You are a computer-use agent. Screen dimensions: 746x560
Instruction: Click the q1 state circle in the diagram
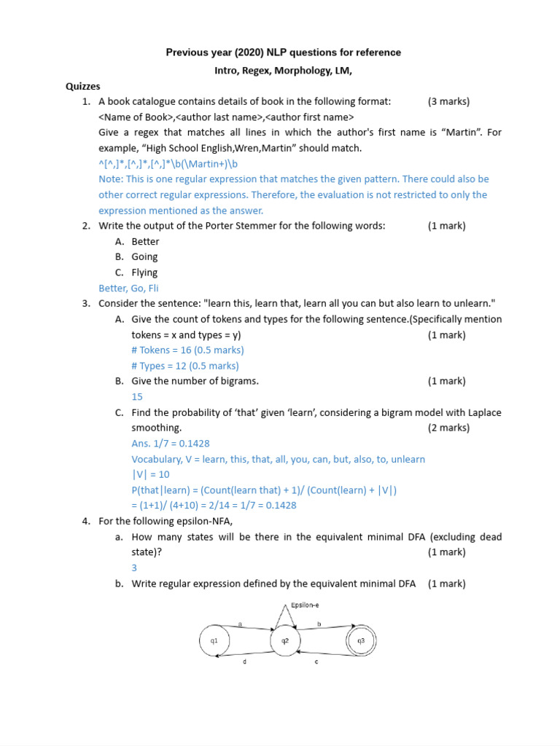point(214,641)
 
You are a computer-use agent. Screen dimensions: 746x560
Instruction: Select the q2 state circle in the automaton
point(285,641)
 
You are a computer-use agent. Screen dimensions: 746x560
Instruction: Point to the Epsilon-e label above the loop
point(305,605)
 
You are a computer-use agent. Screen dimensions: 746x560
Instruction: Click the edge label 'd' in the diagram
point(244,661)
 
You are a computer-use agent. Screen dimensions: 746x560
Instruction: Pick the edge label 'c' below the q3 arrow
point(316,661)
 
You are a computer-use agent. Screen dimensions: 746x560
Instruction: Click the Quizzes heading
point(83,86)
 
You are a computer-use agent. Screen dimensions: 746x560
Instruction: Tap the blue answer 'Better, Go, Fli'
point(128,288)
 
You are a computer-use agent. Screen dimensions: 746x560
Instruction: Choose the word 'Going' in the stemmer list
point(144,256)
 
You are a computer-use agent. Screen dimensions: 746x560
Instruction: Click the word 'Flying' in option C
point(144,272)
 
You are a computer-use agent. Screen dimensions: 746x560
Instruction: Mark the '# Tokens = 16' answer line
point(187,350)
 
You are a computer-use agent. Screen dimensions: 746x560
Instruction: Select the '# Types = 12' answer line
point(185,366)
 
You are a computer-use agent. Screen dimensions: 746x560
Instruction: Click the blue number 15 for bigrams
point(137,397)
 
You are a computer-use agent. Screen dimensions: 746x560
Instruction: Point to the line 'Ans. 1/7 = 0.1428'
point(171,443)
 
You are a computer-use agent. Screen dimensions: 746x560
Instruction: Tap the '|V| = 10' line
point(150,474)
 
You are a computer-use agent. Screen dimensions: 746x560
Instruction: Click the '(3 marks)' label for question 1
point(448,101)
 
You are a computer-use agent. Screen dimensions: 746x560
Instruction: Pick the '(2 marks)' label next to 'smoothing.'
point(448,428)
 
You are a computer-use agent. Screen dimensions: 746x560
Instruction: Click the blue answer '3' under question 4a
point(134,568)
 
